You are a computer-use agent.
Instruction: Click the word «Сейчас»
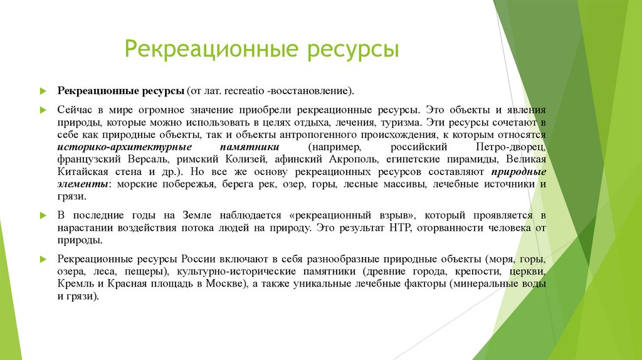point(75,109)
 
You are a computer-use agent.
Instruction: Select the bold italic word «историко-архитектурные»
point(114,147)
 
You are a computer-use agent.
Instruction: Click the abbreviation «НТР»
point(394,227)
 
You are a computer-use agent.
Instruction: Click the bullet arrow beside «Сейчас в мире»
point(44,109)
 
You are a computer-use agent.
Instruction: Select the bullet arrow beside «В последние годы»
point(44,215)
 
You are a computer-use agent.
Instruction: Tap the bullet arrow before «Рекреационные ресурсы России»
point(44,258)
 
